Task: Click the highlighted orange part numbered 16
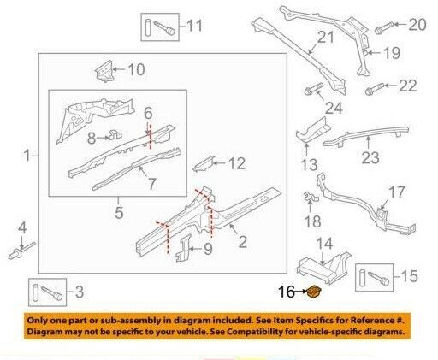point(314,292)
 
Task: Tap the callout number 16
point(287,292)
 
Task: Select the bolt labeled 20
point(384,27)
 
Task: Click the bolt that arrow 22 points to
point(375,89)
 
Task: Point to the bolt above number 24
point(314,89)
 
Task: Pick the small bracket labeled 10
point(104,71)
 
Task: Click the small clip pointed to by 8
point(115,135)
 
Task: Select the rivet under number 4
point(21,251)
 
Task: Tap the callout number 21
point(325,37)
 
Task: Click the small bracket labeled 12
point(203,164)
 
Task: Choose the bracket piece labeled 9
point(183,248)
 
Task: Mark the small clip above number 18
point(311,197)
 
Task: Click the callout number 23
point(370,157)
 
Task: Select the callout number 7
point(152,184)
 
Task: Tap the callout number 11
point(195,26)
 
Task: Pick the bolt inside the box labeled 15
point(378,278)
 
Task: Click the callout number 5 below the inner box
point(119,212)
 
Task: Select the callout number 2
point(242,242)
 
